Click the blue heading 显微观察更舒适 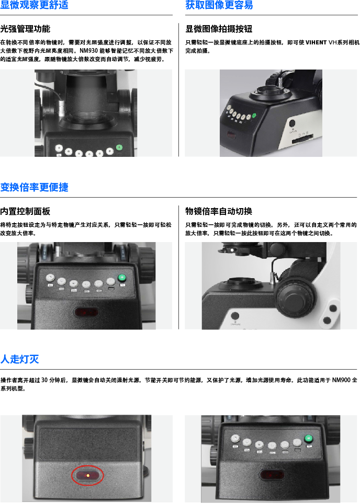(x=34, y=5)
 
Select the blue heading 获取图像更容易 (x=219, y=5)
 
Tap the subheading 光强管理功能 (x=25, y=29)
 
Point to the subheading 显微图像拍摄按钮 (x=219, y=29)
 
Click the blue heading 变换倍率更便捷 (x=34, y=187)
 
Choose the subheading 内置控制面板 (x=25, y=211)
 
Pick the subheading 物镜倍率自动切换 (x=219, y=211)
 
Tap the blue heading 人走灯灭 (x=20, y=359)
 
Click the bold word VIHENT (x=316, y=42)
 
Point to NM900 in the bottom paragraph (x=341, y=380)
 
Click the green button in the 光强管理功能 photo (x=119, y=147)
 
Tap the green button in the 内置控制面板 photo (x=121, y=278)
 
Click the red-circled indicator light (x=87, y=475)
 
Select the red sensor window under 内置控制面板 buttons (x=86, y=312)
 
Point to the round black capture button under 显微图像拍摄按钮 (x=292, y=123)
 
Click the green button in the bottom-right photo (x=309, y=438)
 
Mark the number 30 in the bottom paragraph (x=44, y=380)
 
